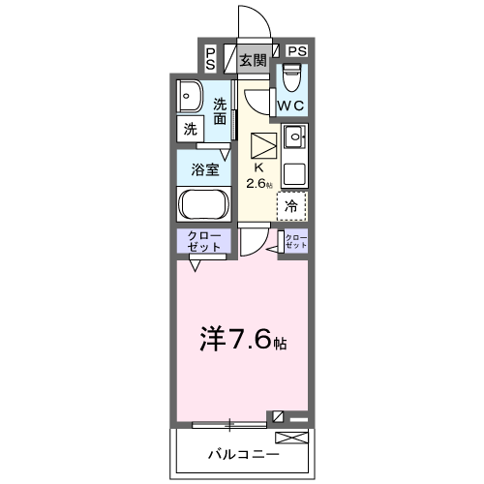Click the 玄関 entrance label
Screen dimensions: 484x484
(253, 60)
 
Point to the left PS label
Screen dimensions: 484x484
(210, 58)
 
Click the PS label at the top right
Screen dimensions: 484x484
(296, 50)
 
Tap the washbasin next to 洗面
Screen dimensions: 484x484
(190, 98)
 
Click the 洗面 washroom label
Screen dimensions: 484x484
(222, 111)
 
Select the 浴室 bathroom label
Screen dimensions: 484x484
(203, 169)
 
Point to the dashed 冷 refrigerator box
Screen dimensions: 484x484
(291, 205)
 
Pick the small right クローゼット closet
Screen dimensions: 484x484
(295, 242)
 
